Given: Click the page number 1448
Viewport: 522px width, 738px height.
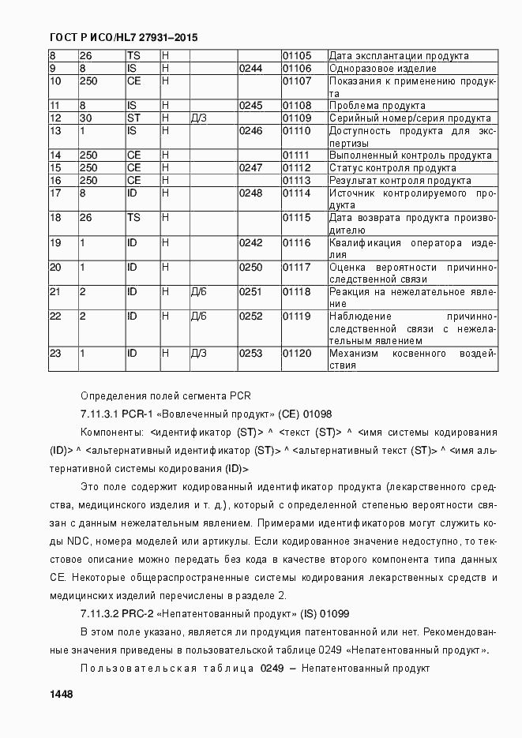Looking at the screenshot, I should tap(61, 695).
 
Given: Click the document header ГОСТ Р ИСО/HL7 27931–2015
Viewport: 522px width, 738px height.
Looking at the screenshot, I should tap(122, 37).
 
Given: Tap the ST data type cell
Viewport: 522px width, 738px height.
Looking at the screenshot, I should tap(133, 118).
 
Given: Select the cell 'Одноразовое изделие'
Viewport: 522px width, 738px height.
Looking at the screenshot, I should tap(382, 69).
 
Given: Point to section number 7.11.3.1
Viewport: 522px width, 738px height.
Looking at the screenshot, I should tap(100, 413).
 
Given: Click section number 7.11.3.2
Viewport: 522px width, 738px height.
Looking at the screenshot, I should tap(100, 613).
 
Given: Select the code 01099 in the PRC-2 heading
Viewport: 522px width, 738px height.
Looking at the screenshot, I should tap(335, 613).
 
